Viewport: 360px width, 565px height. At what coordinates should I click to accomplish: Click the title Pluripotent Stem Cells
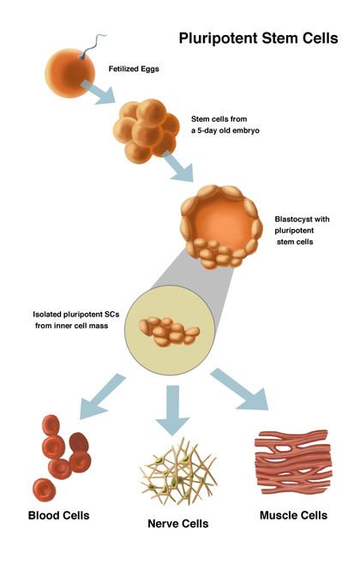tap(258, 39)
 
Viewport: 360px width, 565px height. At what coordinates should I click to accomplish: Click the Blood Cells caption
tap(58, 515)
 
